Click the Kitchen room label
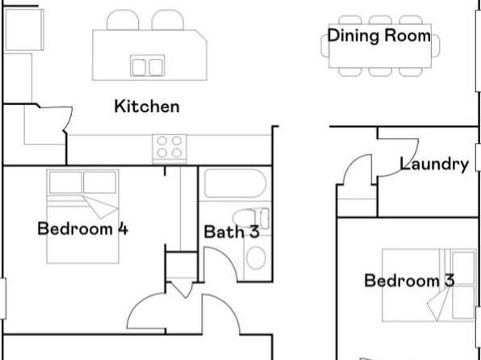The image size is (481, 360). (147, 107)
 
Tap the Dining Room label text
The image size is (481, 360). (379, 36)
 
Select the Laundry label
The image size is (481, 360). (434, 164)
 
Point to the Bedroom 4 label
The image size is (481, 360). (83, 228)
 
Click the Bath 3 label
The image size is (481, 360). (232, 232)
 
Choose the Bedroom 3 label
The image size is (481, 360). (409, 281)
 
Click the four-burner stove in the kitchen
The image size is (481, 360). (169, 149)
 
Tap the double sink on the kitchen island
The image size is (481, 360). (147, 65)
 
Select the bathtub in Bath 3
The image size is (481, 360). (235, 183)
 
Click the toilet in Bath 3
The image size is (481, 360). (251, 218)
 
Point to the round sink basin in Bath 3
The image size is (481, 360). (256, 258)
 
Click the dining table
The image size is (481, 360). (380, 46)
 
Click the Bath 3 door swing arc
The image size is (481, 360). (227, 258)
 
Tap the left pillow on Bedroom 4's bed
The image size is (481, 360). (65, 182)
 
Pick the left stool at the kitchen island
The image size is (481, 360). (123, 20)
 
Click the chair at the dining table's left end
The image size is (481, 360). (325, 46)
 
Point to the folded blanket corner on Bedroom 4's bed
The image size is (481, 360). (100, 207)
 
